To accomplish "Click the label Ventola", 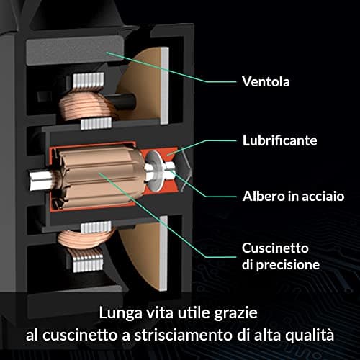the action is [266, 82].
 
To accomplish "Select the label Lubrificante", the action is [279, 140].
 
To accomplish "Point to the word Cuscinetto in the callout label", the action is [275, 248].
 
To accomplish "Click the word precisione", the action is [288, 265].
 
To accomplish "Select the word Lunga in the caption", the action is [120, 314].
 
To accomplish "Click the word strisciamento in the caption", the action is [183, 335].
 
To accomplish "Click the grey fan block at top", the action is [74, 50].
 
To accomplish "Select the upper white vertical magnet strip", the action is [165, 86].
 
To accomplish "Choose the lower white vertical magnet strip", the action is [163, 253].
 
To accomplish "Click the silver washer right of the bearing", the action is [153, 171].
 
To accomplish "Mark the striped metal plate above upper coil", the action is [89, 81].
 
